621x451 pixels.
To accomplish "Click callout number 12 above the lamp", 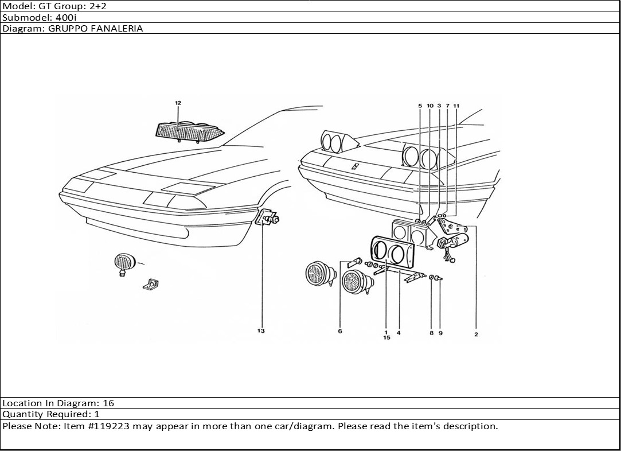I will (x=178, y=103).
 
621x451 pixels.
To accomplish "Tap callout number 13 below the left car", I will (x=261, y=331).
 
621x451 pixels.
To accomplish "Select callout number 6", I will (x=339, y=331).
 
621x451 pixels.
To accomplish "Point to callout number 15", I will (x=386, y=338).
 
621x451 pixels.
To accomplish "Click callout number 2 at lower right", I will (x=476, y=335).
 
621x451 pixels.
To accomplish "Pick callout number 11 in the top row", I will (x=456, y=106).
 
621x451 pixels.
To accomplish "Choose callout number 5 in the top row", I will (x=420, y=106).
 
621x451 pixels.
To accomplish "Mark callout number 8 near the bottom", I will (x=431, y=333).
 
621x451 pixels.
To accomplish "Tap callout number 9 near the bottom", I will (x=440, y=333).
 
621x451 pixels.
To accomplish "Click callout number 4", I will (x=399, y=332).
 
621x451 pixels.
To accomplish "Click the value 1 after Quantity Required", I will (x=97, y=414).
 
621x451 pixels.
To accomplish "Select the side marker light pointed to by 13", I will (x=267, y=218).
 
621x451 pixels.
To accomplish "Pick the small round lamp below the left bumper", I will (x=124, y=263).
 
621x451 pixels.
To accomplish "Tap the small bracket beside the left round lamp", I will (x=152, y=283).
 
